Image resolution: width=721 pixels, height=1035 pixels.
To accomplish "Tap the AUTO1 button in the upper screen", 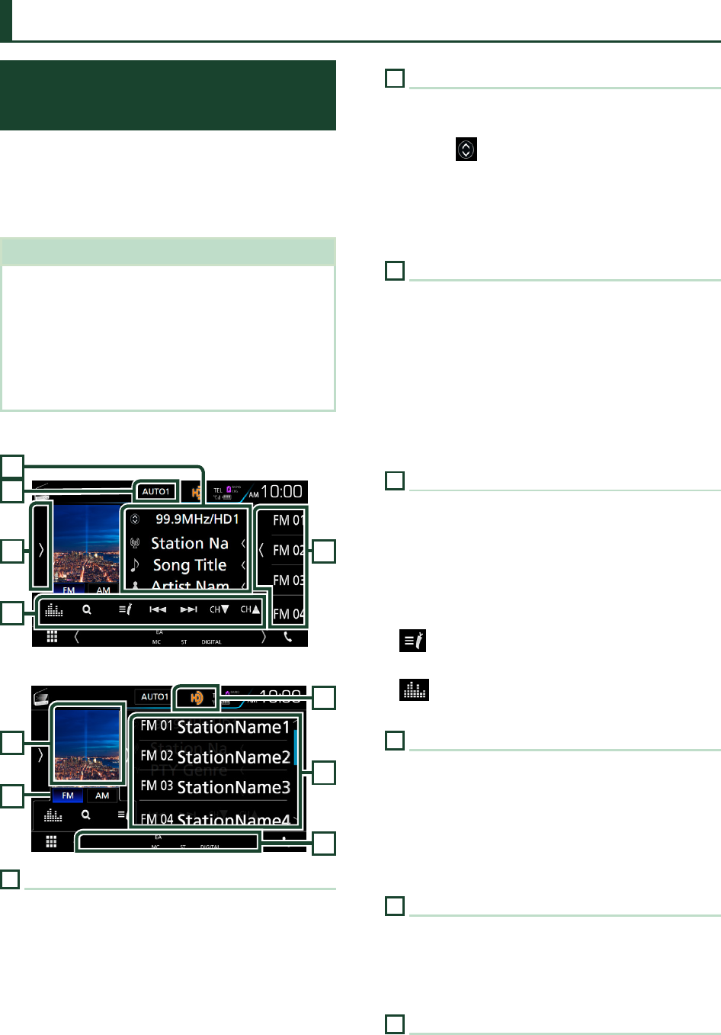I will (155, 492).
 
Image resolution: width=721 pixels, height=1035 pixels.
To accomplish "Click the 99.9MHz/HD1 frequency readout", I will (197, 519).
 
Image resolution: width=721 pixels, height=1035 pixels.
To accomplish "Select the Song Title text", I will (190, 565).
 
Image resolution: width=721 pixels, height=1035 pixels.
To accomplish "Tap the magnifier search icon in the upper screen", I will (87, 610).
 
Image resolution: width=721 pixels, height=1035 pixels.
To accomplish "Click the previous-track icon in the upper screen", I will (158, 610).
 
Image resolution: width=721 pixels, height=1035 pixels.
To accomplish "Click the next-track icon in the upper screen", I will (188, 610).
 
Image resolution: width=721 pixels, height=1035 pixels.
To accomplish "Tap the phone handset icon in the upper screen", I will (288, 637).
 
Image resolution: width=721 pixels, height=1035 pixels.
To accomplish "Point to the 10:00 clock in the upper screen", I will (281, 492).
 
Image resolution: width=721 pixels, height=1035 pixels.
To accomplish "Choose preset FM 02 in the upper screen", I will (288, 550).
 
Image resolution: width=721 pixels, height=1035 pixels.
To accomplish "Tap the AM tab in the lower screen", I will (102, 796).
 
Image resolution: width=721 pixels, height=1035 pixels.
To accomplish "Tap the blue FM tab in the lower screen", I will (68, 796).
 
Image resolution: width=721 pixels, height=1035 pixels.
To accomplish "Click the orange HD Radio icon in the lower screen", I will (197, 697).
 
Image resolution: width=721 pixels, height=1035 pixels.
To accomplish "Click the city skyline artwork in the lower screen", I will (87, 744).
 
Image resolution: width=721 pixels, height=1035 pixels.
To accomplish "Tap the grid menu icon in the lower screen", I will (51, 842).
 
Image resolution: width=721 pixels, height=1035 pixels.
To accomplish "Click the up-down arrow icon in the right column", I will (466, 149).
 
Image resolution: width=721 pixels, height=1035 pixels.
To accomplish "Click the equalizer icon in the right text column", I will (414, 690).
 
